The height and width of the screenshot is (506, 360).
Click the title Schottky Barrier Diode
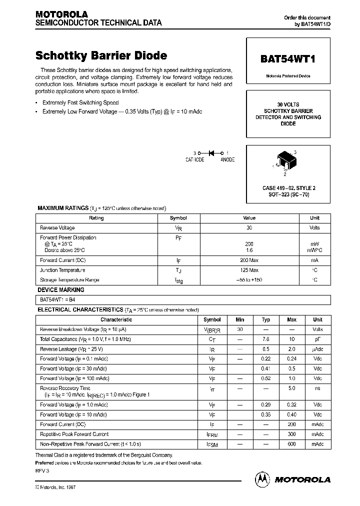click(101, 56)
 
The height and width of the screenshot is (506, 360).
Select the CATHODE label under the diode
click(194, 159)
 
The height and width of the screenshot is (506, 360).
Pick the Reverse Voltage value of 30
click(249, 228)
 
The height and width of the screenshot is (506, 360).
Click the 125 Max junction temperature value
click(249, 270)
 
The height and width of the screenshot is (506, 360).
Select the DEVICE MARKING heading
click(61, 290)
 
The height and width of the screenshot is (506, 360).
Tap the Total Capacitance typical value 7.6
click(266, 339)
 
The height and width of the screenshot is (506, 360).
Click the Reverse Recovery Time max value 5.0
click(292, 388)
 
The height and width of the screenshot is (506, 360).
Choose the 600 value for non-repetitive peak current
click(292, 444)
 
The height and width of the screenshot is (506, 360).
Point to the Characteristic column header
click(116, 319)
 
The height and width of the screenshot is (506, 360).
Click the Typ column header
click(266, 319)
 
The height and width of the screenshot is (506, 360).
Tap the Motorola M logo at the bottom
click(262, 479)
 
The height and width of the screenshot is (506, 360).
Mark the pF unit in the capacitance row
click(317, 339)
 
